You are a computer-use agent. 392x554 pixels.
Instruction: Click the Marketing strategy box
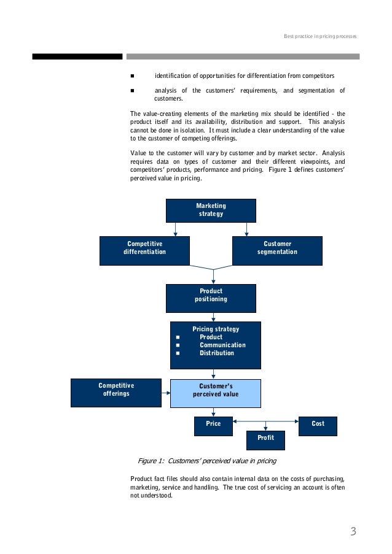coord(211,210)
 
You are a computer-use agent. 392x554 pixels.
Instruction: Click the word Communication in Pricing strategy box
coord(222,345)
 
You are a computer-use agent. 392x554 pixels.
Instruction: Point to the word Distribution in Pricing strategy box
coord(216,353)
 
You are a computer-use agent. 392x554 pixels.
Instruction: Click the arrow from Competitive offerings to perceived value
coord(166,393)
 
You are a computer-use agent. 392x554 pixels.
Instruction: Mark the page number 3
coord(353,531)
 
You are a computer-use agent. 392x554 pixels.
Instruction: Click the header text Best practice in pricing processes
coord(319,37)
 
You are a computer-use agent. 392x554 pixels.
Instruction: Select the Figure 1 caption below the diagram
coord(206,461)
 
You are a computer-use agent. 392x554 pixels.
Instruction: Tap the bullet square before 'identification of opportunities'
coord(133,76)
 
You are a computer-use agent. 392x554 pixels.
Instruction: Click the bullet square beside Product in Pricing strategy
coord(178,337)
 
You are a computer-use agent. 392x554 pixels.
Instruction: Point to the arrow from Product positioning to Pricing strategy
coord(213,317)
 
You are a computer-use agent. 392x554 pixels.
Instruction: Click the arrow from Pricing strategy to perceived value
coord(213,374)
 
